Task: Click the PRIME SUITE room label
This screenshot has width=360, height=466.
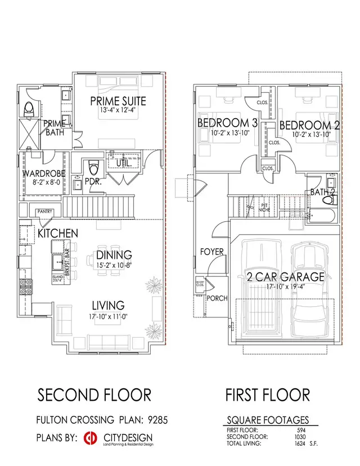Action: [119, 101]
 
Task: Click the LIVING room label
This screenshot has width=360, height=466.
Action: [109, 305]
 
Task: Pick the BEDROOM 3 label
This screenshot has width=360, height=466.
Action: [223, 123]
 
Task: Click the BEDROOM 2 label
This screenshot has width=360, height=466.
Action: [309, 126]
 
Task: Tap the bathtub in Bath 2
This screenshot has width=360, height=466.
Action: [322, 214]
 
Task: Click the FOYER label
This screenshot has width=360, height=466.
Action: [212, 252]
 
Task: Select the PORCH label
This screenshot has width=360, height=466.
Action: [217, 298]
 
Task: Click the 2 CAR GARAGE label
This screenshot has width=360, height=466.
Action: [285, 276]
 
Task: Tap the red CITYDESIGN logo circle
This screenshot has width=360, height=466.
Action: [88, 438]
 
